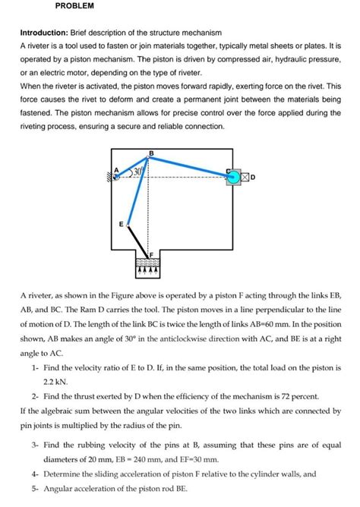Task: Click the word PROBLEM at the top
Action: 74,6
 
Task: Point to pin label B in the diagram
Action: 150,153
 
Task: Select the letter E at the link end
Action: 120,225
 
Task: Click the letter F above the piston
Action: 151,253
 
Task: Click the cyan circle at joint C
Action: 232,176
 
